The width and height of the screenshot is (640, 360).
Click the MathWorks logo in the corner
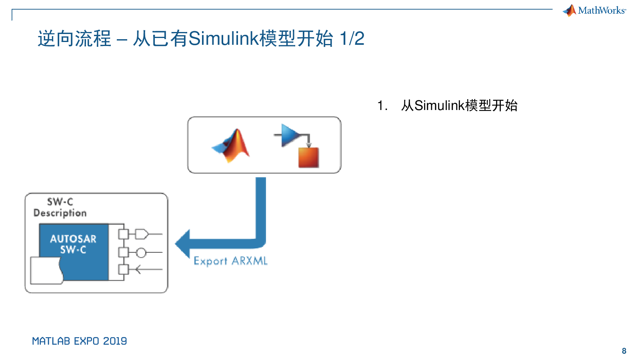coord(594,10)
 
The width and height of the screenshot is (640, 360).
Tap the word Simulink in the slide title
coord(224,38)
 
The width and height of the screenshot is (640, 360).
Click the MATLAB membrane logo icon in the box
coord(231,146)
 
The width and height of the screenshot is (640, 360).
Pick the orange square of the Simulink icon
coord(308,158)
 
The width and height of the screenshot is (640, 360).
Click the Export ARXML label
coord(230,261)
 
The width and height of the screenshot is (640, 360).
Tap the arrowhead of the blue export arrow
coord(182,244)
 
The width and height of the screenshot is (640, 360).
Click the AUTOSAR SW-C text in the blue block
coord(73,244)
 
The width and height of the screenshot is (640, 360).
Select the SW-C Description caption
coord(60,208)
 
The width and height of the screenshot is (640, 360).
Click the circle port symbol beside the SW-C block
coord(141,252)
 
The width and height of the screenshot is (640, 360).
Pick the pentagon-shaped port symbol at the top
coord(142,234)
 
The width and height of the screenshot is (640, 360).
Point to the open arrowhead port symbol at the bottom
coord(138,270)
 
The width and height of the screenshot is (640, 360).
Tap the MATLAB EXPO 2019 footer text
coord(80,341)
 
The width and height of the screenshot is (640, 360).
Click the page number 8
coord(624,351)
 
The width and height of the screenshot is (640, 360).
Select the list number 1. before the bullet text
coord(382,106)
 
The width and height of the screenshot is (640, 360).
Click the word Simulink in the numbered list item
coord(440,106)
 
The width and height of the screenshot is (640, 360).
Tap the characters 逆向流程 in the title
coord(74,38)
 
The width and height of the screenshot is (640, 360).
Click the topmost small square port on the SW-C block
coord(124,234)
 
